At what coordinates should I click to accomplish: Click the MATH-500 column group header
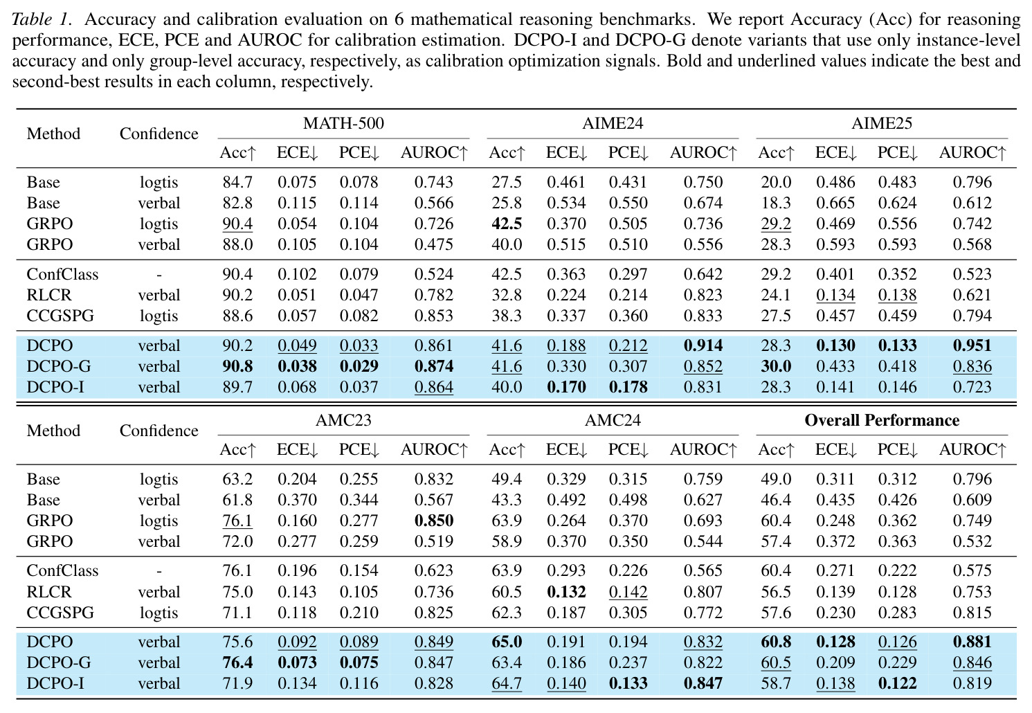pyautogui.click(x=343, y=123)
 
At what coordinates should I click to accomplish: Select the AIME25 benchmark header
pyautogui.click(x=881, y=123)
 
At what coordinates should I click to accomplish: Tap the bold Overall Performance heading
pyautogui.click(x=882, y=420)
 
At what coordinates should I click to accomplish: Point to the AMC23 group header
pyautogui.click(x=343, y=420)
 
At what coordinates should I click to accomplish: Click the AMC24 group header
pyautogui.click(x=613, y=420)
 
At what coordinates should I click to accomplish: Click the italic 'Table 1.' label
pyautogui.click(x=42, y=19)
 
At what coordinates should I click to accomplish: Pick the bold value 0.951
pyautogui.click(x=972, y=345)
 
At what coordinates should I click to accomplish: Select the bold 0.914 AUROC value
pyautogui.click(x=703, y=345)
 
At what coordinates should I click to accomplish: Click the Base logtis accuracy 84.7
pyautogui.click(x=237, y=182)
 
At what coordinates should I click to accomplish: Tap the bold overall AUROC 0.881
pyautogui.click(x=972, y=642)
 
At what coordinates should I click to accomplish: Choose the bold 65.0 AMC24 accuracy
pyautogui.click(x=507, y=642)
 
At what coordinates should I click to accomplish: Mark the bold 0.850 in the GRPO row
pyautogui.click(x=434, y=521)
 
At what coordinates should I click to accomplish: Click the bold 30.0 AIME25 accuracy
pyautogui.click(x=776, y=366)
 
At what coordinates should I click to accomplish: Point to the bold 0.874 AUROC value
pyautogui.click(x=434, y=366)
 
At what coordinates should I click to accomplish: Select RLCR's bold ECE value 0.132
pyautogui.click(x=566, y=592)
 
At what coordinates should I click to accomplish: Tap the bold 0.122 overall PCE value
pyautogui.click(x=897, y=683)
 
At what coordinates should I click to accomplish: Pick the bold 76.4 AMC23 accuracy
pyautogui.click(x=237, y=662)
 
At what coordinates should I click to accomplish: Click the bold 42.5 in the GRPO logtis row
pyautogui.click(x=507, y=224)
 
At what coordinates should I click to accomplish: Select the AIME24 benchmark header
pyautogui.click(x=613, y=123)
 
